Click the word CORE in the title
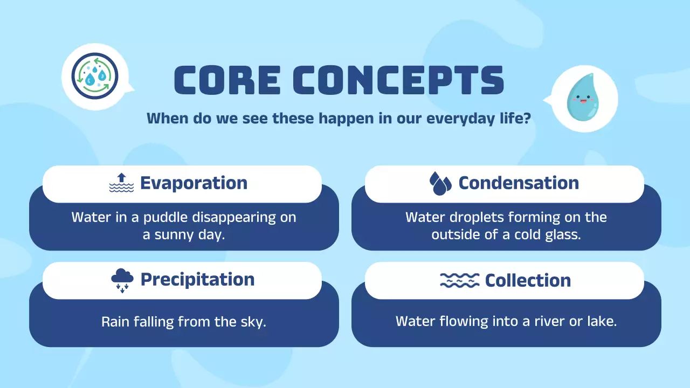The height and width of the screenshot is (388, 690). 227,80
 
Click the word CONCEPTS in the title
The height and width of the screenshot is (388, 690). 402,80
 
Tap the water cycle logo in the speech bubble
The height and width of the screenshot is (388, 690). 95,76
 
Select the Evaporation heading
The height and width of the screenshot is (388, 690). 194,183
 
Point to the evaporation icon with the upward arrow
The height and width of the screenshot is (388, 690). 121,183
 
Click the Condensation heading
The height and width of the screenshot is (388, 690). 518,183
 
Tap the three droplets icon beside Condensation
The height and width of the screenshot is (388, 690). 440,184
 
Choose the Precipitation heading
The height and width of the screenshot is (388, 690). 197,279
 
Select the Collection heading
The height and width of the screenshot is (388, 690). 527,280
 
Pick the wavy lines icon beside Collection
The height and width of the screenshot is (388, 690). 459,280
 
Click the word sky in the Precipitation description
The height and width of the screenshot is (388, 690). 253,322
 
